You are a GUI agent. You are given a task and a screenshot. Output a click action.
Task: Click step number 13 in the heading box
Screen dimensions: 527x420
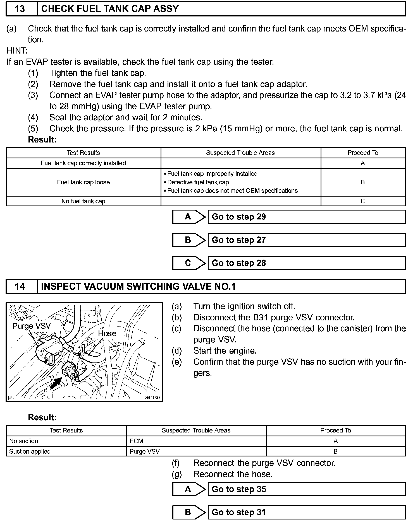20,9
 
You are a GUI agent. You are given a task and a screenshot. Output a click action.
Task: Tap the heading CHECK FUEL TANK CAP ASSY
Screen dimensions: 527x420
110,9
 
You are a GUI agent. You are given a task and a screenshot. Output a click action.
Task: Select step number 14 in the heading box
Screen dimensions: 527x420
20,286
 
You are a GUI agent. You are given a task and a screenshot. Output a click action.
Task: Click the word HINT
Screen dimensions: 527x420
17,51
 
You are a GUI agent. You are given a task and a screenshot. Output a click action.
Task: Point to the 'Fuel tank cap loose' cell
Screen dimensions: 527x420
83,182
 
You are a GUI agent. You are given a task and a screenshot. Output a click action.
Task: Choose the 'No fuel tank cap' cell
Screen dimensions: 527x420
83,201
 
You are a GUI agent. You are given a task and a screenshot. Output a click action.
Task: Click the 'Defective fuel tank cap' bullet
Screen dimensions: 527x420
198,182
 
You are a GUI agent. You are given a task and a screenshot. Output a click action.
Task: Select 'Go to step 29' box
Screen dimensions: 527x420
306,217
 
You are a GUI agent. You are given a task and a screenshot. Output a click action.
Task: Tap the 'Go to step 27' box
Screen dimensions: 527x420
306,240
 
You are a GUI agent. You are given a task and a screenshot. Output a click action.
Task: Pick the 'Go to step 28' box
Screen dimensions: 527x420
306,263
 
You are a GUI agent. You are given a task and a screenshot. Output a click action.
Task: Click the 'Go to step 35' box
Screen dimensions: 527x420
306,489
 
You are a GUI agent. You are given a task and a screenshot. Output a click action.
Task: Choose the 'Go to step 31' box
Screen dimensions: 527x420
306,513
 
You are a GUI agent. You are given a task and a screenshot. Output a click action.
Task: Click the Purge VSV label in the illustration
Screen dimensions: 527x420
32,326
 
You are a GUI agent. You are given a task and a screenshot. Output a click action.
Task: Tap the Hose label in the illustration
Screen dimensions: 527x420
107,333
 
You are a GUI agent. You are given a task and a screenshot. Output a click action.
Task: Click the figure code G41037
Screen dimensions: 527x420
152,397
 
